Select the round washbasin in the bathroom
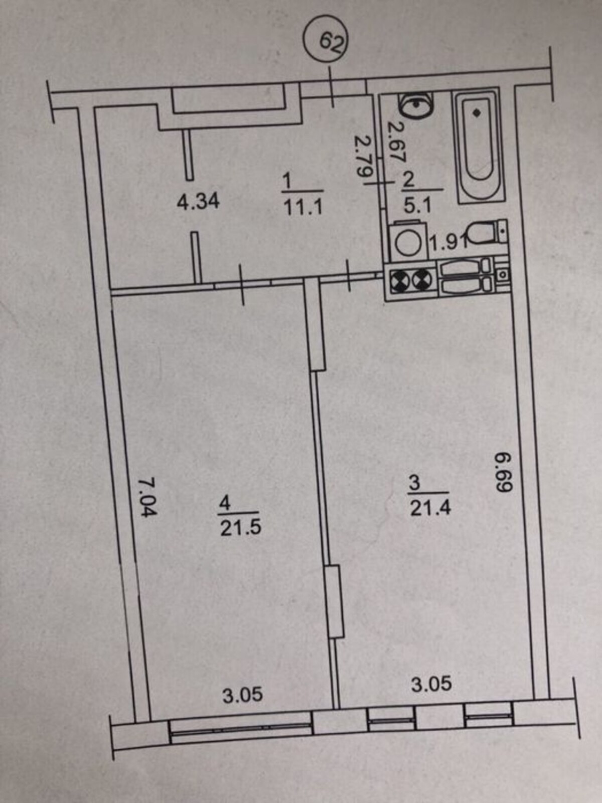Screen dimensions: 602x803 414,104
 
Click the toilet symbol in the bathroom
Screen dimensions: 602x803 487,232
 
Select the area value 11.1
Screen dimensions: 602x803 303,207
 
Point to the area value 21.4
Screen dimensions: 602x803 430,508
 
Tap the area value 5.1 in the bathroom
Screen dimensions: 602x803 417,205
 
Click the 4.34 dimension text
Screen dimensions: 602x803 199,201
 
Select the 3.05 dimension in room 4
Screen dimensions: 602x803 243,695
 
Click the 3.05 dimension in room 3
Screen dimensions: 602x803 431,684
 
